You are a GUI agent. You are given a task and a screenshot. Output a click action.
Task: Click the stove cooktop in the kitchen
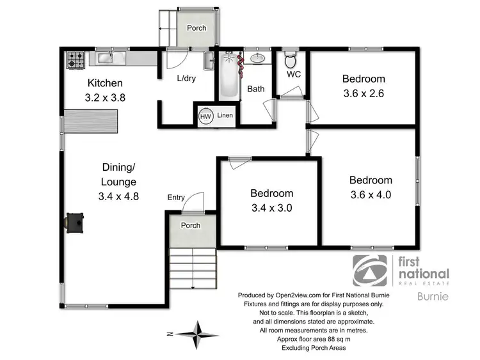[x=76, y=60]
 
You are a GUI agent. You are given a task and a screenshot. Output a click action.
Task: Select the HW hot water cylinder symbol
[x=205, y=117]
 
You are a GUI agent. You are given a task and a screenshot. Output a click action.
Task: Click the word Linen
[x=225, y=116]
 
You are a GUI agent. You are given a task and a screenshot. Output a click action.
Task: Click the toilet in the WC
[x=289, y=61]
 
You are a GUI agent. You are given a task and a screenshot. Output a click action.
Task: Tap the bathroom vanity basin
[x=259, y=59]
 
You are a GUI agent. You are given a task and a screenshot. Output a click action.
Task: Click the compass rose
[x=198, y=333]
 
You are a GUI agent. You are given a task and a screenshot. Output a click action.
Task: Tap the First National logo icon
[x=370, y=272]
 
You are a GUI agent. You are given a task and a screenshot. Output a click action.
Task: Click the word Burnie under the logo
[x=433, y=297]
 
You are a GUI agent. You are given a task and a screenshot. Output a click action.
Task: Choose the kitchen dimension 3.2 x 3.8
[x=105, y=98]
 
